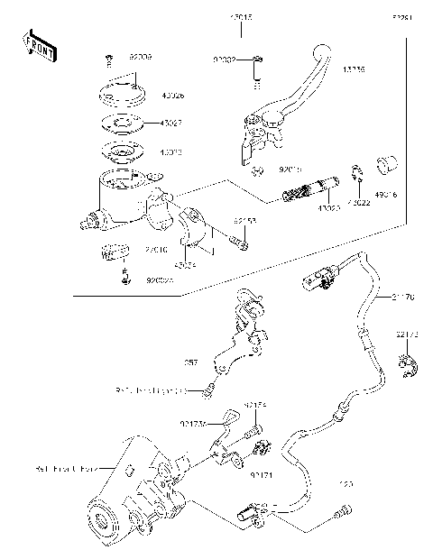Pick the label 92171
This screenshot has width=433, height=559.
[261, 473]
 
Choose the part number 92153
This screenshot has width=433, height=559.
[245, 220]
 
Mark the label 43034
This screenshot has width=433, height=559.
[186, 266]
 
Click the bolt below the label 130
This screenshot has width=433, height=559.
[339, 515]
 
